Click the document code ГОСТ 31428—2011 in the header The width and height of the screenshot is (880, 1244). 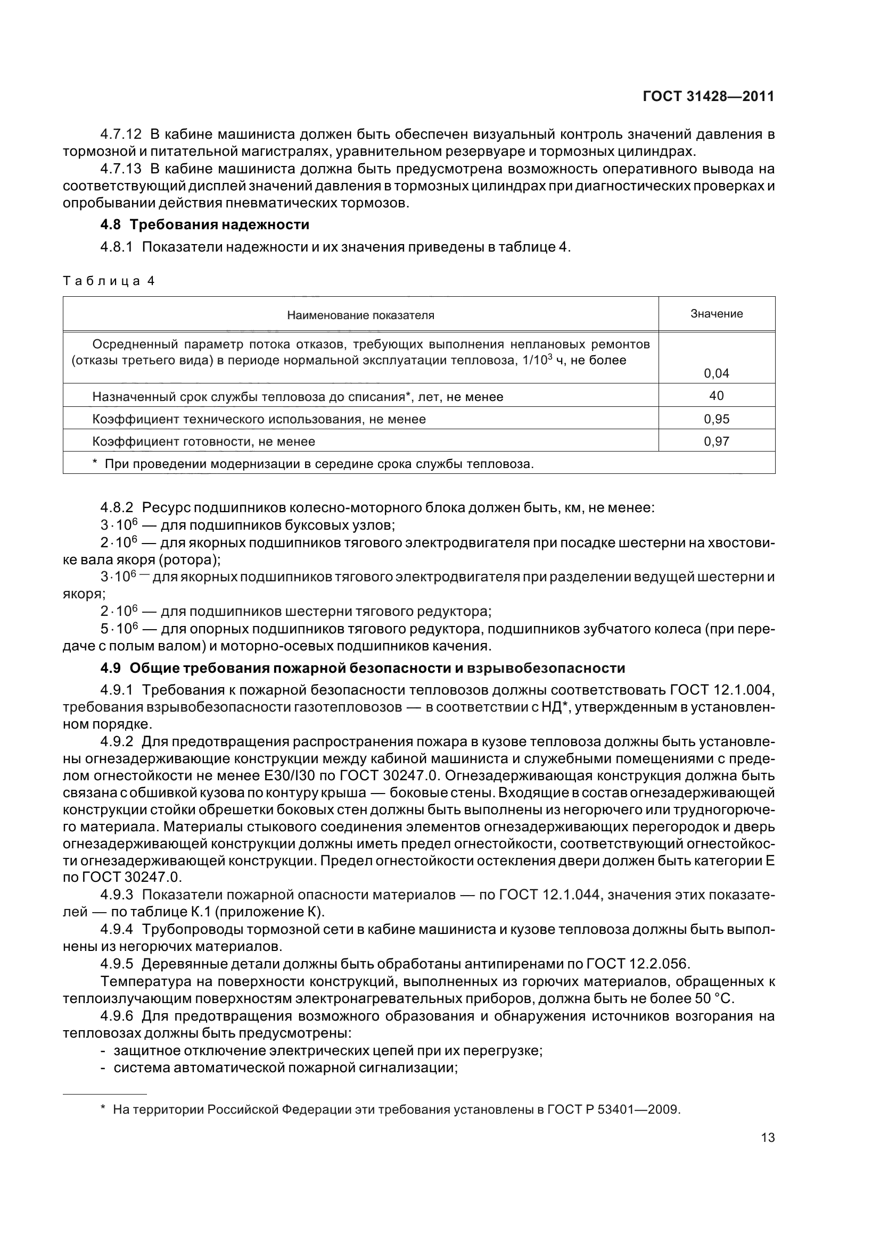click(x=708, y=97)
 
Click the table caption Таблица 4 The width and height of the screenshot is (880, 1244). click(x=109, y=281)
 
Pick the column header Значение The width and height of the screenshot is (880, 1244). click(x=716, y=314)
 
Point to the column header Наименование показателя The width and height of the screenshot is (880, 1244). click(x=360, y=315)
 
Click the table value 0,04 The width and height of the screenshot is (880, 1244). click(x=716, y=373)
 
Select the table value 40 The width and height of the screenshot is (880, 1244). click(x=716, y=396)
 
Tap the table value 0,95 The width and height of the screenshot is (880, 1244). click(x=716, y=419)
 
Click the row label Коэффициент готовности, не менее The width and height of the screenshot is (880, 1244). click(x=203, y=441)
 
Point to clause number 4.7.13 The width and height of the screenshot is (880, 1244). click(x=121, y=169)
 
